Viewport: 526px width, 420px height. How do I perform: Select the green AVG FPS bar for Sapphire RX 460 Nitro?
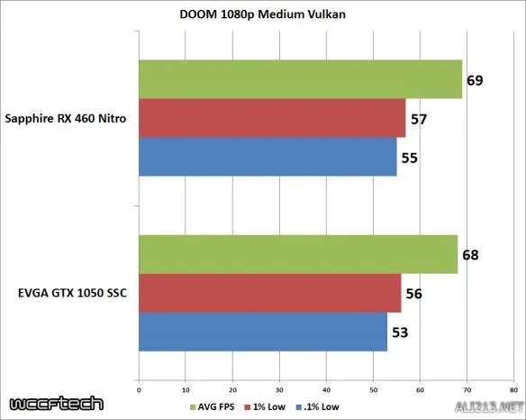tap(300, 80)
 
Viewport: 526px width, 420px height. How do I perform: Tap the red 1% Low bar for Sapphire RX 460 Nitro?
tap(272, 118)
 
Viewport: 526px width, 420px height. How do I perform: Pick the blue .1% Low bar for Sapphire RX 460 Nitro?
tap(268, 157)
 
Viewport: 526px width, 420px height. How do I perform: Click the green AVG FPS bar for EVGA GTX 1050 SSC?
tap(297, 254)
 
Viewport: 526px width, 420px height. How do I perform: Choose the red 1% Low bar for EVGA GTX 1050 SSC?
tap(269, 293)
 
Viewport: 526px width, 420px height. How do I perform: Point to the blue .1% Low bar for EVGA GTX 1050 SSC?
tap(262, 331)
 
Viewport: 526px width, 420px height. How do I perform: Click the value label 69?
tap(476, 81)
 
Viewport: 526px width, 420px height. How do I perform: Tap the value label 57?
tap(420, 119)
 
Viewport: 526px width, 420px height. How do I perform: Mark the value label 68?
tap(470, 255)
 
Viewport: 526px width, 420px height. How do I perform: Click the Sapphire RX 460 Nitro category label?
tap(66, 118)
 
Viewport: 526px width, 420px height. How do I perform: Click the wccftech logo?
tap(56, 403)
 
